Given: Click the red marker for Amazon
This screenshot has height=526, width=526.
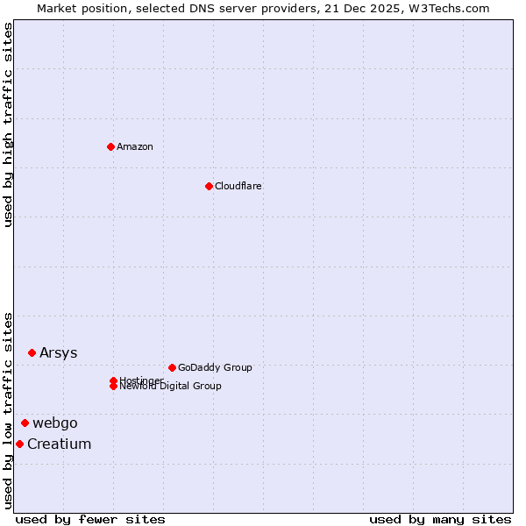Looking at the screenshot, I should tap(110, 146).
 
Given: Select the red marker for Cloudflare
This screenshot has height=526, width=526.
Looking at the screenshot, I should tap(209, 186).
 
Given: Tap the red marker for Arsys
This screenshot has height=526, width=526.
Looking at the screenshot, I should tap(32, 352).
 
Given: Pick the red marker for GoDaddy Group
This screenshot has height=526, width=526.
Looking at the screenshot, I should tap(172, 367).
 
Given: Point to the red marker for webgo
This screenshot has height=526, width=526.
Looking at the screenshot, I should tap(25, 423).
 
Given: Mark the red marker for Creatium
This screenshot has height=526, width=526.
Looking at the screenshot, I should tap(19, 444).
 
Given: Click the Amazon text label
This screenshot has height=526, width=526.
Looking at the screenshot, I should tap(135, 146).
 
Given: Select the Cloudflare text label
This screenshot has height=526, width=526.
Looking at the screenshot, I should tap(238, 186).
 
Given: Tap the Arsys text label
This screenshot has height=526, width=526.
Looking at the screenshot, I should tap(59, 352).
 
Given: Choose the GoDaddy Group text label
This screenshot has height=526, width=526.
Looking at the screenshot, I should tap(215, 367).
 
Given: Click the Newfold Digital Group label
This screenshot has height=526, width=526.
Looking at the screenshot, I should tap(171, 387).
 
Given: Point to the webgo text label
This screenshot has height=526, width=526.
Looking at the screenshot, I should tap(55, 423).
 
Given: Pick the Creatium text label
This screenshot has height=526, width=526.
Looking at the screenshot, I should tap(60, 444).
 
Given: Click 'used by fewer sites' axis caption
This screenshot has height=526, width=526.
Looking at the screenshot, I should tap(90, 519).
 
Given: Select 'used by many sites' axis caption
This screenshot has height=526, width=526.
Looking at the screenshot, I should tap(440, 519).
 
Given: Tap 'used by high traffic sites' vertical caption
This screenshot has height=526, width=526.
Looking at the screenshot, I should tap(9, 124).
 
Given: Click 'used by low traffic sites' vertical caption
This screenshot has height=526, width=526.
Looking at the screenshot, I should tap(9, 410).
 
